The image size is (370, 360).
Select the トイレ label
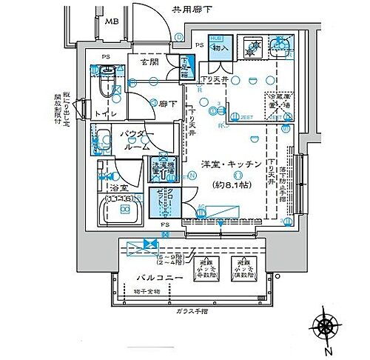coord(101,113)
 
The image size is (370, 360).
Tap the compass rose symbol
coord(326,324)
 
